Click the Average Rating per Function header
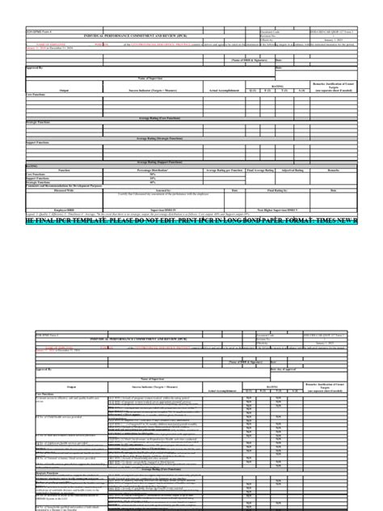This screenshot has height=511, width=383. pos(225,171)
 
